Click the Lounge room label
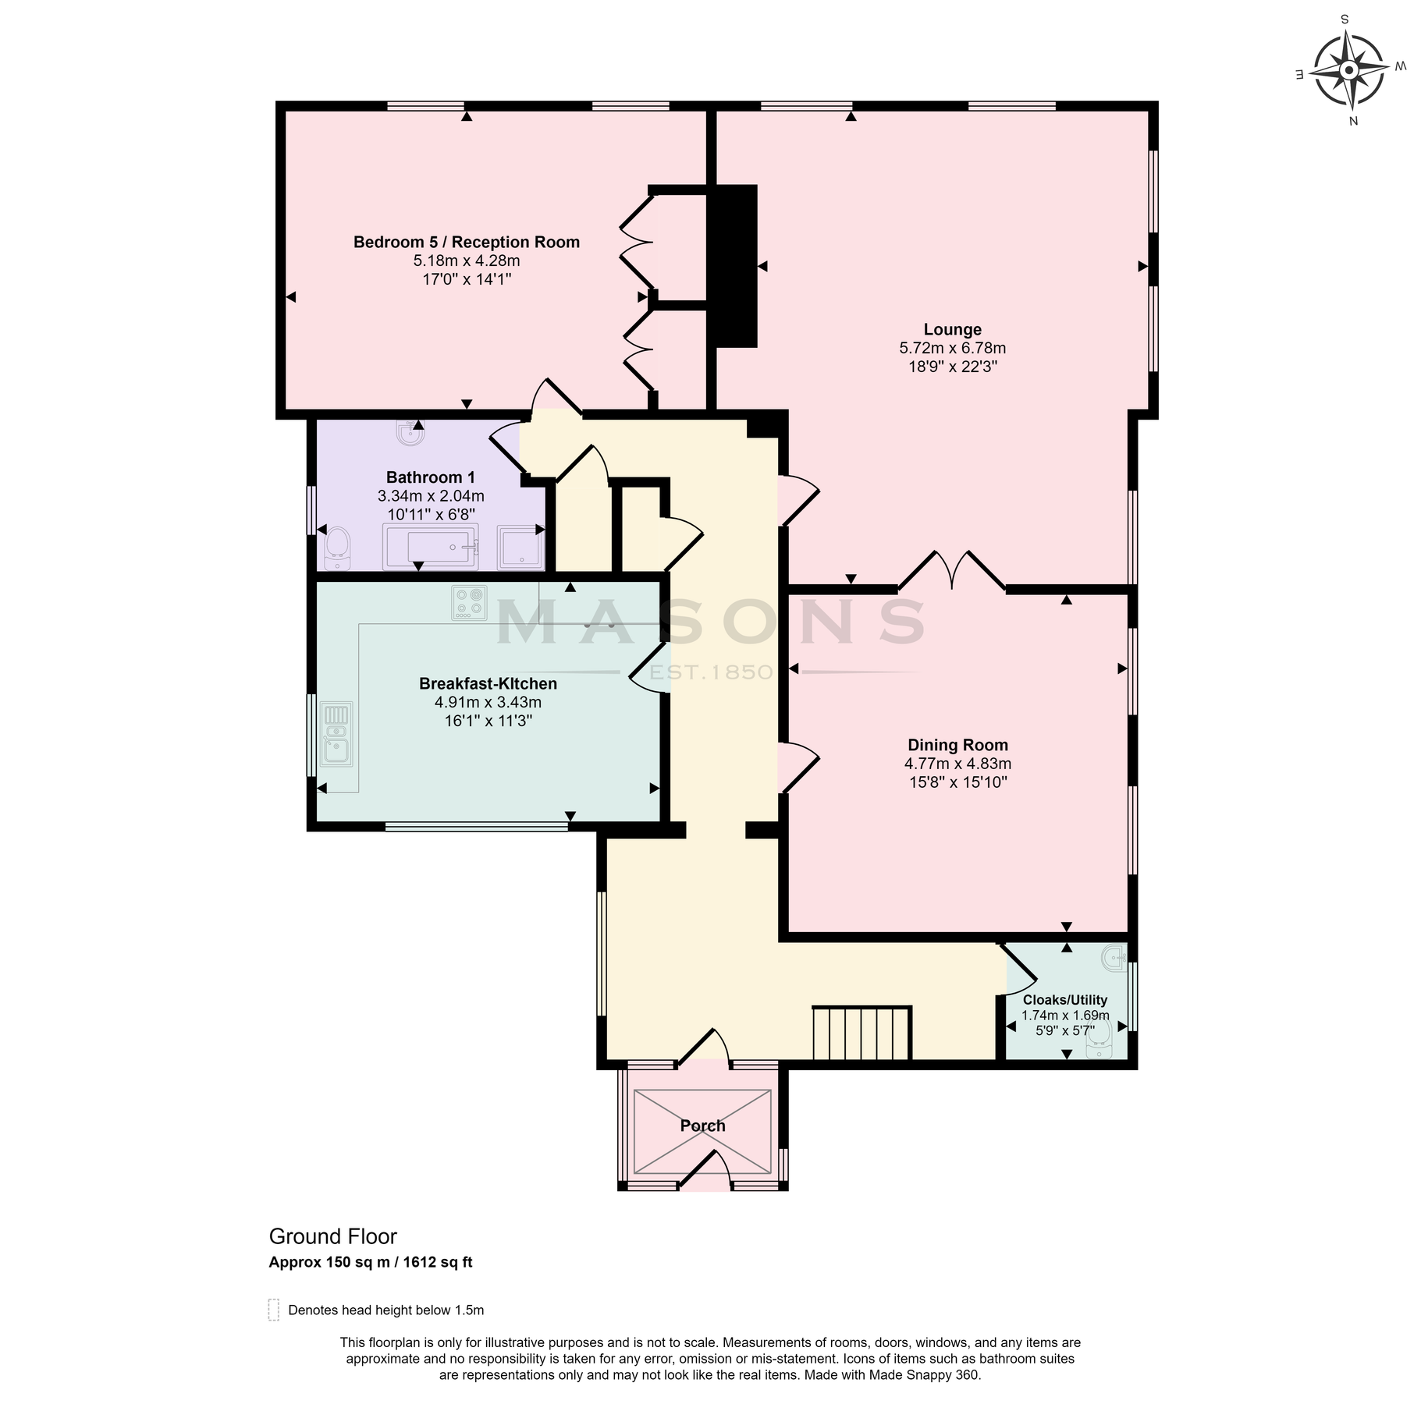tap(952, 330)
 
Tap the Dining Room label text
tap(957, 745)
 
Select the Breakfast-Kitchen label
tap(488, 684)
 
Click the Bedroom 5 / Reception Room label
tap(466, 243)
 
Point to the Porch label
tap(702, 1126)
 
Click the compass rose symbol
tap(1348, 71)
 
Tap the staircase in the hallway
tap(861, 1033)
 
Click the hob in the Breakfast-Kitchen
tap(468, 603)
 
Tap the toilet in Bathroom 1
tap(338, 548)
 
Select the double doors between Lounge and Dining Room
tap(951, 572)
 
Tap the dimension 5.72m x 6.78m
tap(952, 349)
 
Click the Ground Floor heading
tap(332, 1237)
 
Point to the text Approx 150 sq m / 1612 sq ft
tap(370, 1262)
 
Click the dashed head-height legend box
tap(273, 1310)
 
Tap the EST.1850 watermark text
tap(711, 672)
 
